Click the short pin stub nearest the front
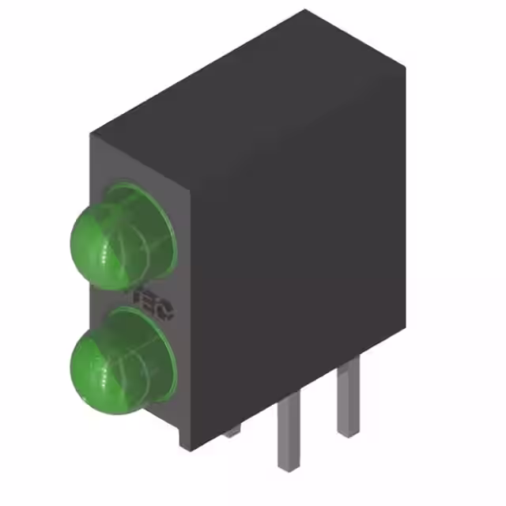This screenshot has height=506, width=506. pyautogui.click(x=232, y=431)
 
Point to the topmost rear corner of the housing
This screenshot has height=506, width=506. pyautogui.click(x=305, y=11)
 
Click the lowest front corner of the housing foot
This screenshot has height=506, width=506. pyautogui.click(x=187, y=449)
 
